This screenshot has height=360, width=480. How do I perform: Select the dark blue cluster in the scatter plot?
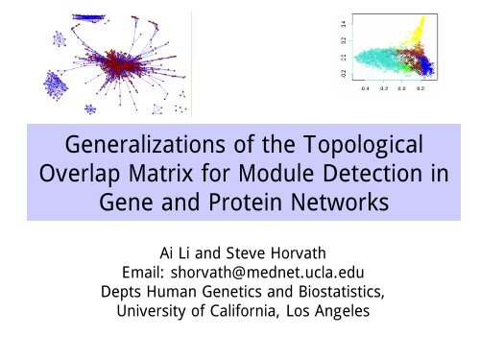click(425, 65)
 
